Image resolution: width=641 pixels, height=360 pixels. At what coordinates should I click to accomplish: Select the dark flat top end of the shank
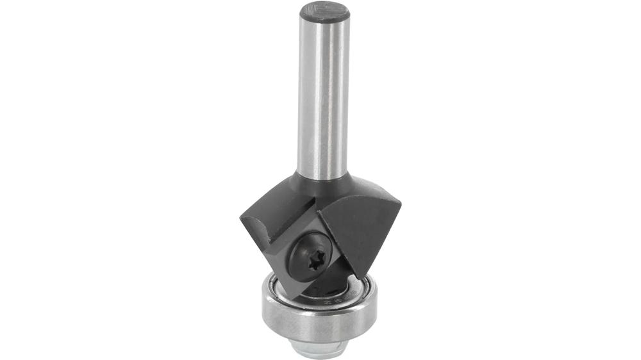324,12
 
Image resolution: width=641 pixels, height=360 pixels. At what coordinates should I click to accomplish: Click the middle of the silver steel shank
324,96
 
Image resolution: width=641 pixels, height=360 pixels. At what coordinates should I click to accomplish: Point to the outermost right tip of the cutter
401,204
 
